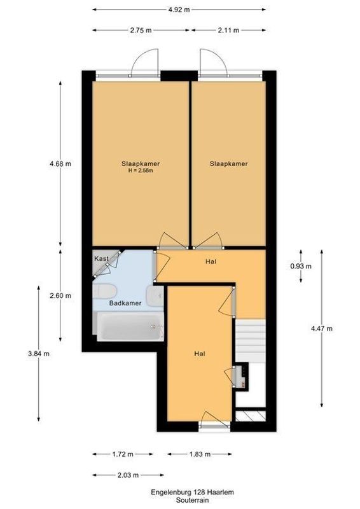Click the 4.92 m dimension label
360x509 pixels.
(x=179, y=10)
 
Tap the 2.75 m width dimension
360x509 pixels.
(x=140, y=29)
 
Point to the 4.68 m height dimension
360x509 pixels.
(x=60, y=164)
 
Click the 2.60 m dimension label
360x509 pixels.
(x=60, y=295)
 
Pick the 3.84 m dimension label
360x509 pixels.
(x=39, y=353)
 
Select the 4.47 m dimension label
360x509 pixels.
(x=322, y=328)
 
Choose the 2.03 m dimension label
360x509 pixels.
(x=127, y=475)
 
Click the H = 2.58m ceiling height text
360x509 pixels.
(x=141, y=171)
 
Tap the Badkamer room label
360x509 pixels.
(x=125, y=303)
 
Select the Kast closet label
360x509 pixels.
(x=101, y=258)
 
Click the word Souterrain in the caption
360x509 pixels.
(x=179, y=501)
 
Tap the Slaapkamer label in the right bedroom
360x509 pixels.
(x=228, y=164)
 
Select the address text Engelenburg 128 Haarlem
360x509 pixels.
(x=179, y=492)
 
